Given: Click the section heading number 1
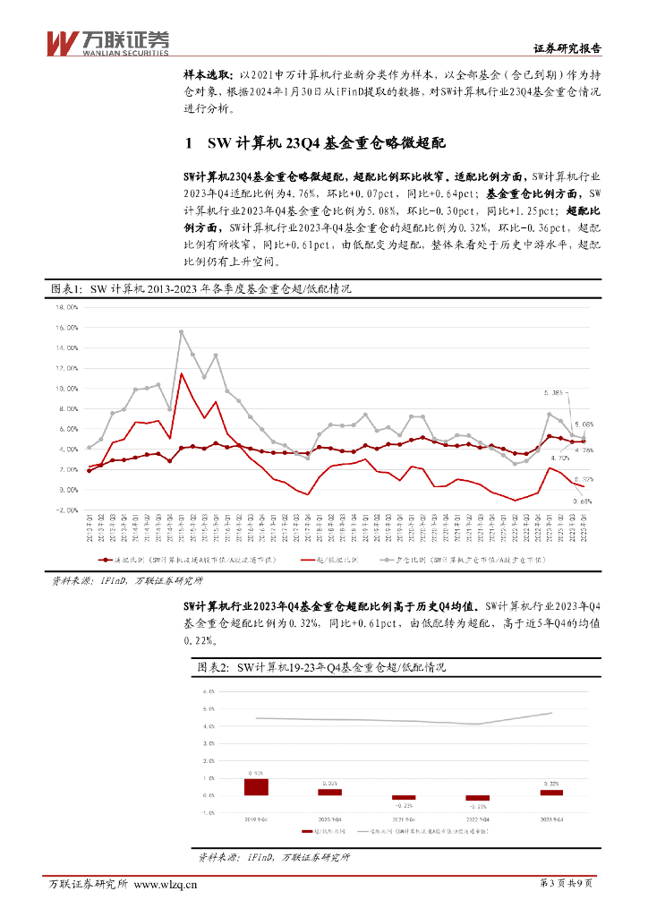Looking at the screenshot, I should coord(187,143).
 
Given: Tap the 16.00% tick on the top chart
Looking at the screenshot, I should coord(68,305).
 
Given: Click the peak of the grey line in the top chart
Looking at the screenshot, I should coord(181,331).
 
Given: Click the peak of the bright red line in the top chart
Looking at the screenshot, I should coord(181,373).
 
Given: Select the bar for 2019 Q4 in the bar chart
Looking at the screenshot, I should coord(256,786).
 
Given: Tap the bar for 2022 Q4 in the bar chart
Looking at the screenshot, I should coord(478,798).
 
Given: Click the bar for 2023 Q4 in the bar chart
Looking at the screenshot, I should coord(551,793).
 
